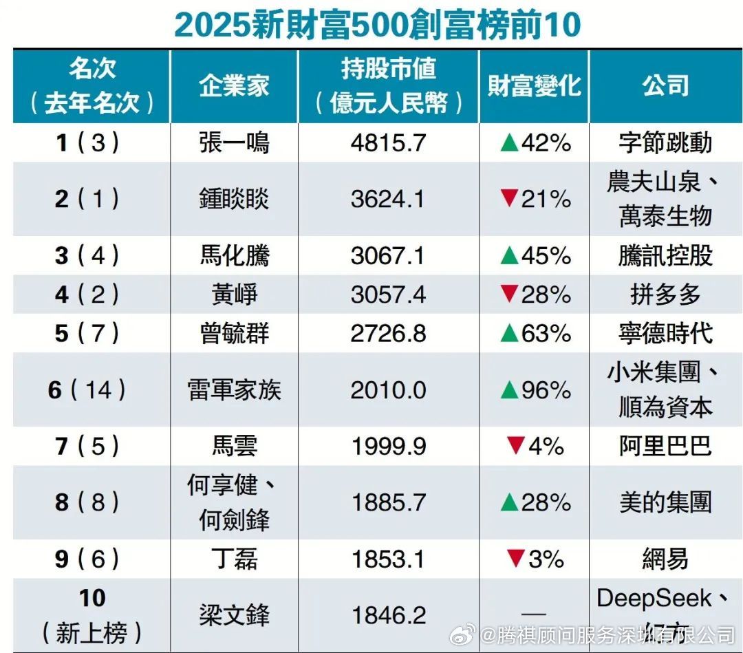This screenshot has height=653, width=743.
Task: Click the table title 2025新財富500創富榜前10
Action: (x=377, y=25)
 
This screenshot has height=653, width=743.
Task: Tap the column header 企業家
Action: (x=234, y=86)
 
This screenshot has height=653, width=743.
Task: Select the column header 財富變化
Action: (x=534, y=86)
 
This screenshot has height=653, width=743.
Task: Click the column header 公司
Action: (x=665, y=86)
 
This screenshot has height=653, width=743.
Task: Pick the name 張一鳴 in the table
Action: (x=234, y=143)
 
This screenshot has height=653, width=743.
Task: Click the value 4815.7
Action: (x=389, y=143)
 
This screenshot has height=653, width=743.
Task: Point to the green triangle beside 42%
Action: (x=509, y=143)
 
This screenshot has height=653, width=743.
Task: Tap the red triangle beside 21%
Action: (x=509, y=199)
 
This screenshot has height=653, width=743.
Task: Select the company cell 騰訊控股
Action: (x=665, y=256)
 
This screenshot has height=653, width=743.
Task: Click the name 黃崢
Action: (x=234, y=295)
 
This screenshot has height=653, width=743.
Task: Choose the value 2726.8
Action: (x=389, y=334)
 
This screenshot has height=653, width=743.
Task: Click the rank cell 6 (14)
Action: (x=87, y=390)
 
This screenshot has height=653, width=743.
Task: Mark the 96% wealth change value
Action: (x=546, y=390)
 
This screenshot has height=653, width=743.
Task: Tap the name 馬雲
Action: (x=234, y=447)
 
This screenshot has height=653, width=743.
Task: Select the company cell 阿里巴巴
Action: (x=665, y=447)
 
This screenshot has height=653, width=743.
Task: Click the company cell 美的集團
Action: (x=665, y=502)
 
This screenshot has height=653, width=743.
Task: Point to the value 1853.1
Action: (x=389, y=559)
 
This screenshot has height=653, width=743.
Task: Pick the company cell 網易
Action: (x=665, y=559)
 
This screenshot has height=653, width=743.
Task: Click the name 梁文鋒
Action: (x=234, y=614)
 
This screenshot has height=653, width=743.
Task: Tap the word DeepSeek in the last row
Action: (x=654, y=598)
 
